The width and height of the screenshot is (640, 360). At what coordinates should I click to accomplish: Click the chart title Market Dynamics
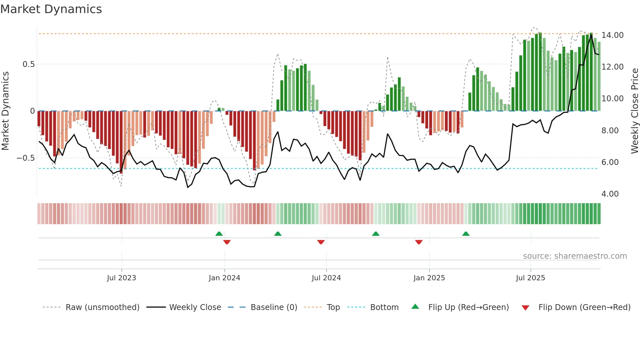point(51,9)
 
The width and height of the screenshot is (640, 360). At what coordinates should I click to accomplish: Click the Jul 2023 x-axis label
point(121,278)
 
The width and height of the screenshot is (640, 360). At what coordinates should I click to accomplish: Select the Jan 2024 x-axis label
point(224,278)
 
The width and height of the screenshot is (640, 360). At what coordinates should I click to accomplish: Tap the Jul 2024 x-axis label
point(326,278)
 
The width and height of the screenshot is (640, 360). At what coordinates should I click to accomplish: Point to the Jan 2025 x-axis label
point(429,278)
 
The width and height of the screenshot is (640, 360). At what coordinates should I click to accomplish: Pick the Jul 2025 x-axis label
point(531,278)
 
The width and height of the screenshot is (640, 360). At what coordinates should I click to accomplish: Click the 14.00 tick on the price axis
point(612,35)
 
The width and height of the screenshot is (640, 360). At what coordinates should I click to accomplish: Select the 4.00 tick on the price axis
point(610,194)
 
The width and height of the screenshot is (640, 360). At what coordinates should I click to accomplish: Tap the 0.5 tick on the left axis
point(28,64)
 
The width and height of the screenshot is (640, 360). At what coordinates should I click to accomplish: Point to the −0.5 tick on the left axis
point(26,158)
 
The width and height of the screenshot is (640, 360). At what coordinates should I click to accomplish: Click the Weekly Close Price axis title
point(634,111)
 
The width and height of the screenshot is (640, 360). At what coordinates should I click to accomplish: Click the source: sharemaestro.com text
point(575,256)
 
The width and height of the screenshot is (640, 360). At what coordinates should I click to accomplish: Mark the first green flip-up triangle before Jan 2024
point(219,234)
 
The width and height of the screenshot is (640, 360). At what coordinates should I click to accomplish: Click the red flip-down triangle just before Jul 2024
point(321,242)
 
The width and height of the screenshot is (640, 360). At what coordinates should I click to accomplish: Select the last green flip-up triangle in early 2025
point(466,234)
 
